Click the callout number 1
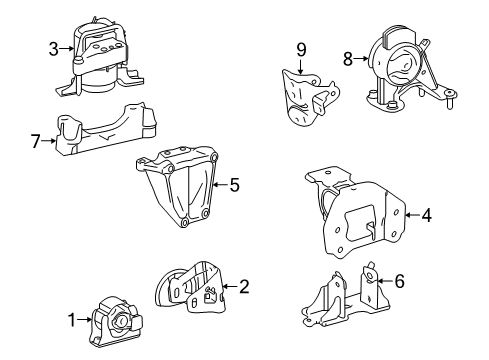pyautogui.click(x=72, y=319)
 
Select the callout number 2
pyautogui.click(x=244, y=287)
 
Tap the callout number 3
pyautogui.click(x=53, y=46)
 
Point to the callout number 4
pyautogui.click(x=426, y=213)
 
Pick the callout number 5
pyautogui.click(x=234, y=184)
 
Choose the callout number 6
pyautogui.click(x=399, y=282)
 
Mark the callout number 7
pyautogui.click(x=36, y=142)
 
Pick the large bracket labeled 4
pyautogui.click(x=358, y=212)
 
